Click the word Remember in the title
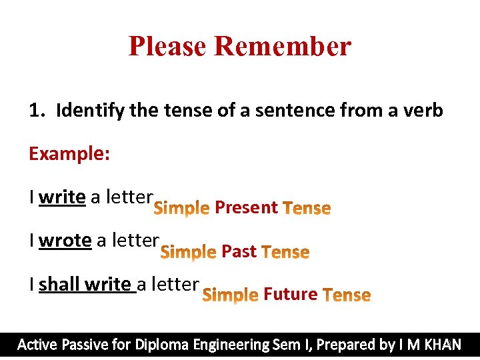click(x=283, y=46)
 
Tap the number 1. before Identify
click(x=37, y=110)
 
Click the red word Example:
click(x=69, y=154)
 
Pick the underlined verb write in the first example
click(x=62, y=197)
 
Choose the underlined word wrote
click(x=65, y=239)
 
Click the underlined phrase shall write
click(x=85, y=284)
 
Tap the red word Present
click(x=246, y=207)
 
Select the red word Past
click(x=239, y=251)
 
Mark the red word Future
click(x=291, y=294)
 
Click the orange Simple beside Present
click(x=181, y=209)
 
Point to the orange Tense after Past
click(x=285, y=252)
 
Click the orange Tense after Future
click(x=346, y=295)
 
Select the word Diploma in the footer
click(x=162, y=345)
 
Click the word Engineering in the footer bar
click(x=231, y=345)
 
